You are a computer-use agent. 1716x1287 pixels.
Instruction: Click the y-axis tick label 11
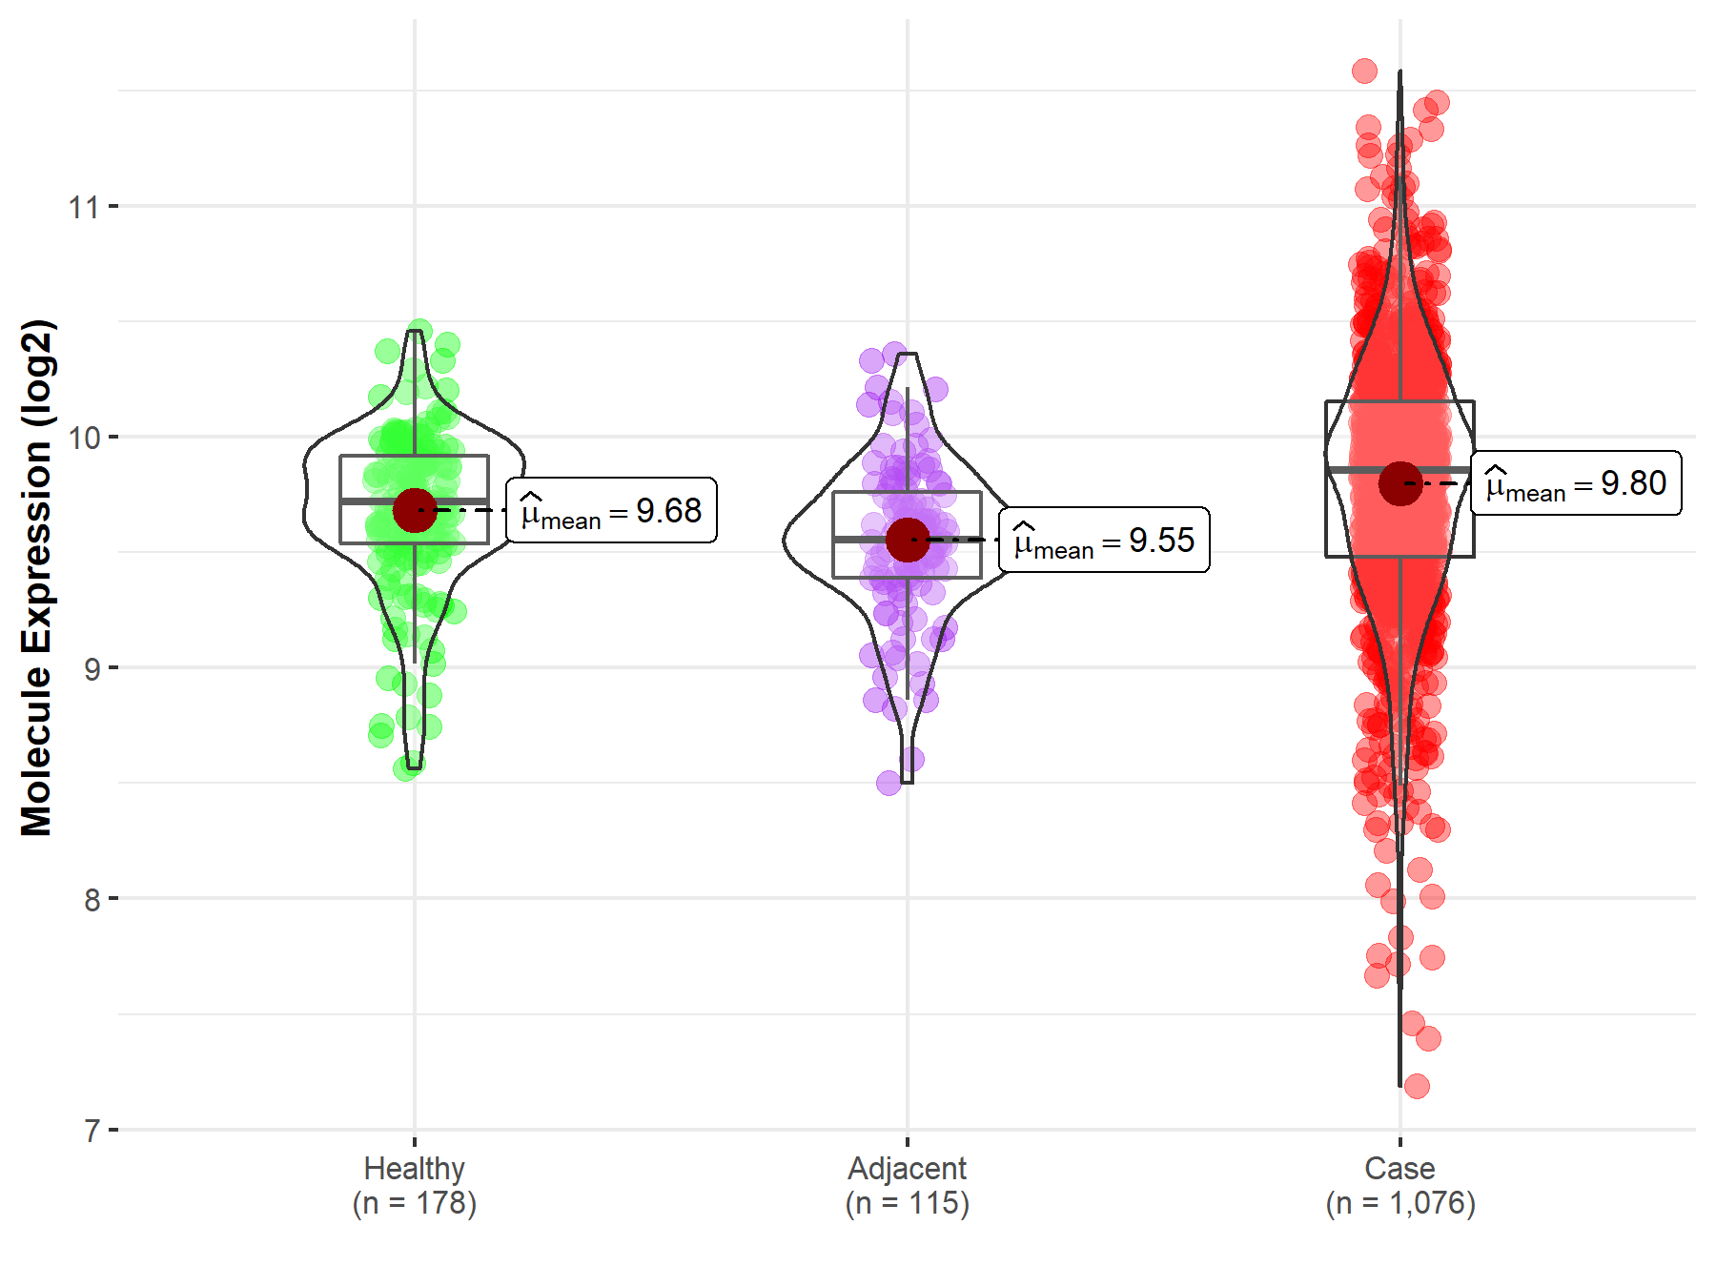(x=84, y=207)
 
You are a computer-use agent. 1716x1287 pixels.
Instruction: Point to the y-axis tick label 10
(x=84, y=438)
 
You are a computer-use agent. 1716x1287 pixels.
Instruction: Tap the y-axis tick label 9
(x=92, y=668)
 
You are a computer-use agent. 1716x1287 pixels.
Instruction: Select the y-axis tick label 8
(x=92, y=899)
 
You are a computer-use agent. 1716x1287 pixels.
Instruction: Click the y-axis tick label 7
(x=92, y=1131)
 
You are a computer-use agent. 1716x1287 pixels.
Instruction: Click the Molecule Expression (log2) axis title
(x=36, y=578)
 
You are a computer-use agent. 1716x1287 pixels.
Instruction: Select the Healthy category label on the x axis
(x=415, y=1168)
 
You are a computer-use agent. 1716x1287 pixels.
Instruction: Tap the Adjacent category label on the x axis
(x=907, y=1168)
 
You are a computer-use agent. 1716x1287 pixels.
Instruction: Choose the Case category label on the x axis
(x=1399, y=1168)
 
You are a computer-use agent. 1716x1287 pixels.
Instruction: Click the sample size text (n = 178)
(x=415, y=1203)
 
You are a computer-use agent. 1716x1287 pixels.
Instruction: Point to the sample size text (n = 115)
(x=907, y=1203)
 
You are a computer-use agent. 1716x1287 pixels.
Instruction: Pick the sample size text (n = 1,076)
(x=1399, y=1203)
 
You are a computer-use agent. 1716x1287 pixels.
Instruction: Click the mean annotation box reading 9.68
(x=611, y=511)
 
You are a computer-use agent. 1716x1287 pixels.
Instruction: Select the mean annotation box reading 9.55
(x=1104, y=541)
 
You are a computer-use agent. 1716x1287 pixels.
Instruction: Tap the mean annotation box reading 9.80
(x=1576, y=483)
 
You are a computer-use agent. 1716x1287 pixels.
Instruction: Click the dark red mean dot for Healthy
(x=415, y=510)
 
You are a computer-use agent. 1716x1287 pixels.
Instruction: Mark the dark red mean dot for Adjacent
(x=908, y=540)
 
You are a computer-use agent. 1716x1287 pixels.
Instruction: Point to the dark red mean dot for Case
(x=1400, y=483)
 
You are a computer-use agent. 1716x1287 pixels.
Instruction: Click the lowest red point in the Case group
(x=1417, y=1086)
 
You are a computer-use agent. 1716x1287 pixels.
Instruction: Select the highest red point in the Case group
(x=1364, y=71)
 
